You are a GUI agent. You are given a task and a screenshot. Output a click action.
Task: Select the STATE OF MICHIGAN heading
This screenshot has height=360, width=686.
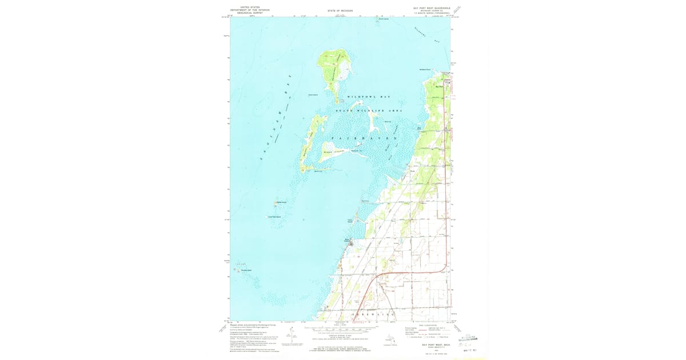[340, 11]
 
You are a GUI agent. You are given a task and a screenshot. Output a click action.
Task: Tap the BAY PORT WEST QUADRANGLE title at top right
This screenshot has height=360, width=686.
[432, 9]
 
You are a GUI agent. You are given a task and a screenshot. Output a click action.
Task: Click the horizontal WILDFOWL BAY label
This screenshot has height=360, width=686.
[369, 97]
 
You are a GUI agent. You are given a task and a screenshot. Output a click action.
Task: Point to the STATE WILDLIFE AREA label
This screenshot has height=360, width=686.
[369, 110]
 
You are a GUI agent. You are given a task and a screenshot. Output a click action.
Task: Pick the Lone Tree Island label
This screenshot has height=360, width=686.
[275, 217]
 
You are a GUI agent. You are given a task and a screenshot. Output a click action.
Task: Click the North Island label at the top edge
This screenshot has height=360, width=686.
[383, 19]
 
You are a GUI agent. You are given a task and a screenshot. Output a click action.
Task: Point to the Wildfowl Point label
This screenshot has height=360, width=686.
[425, 70]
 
